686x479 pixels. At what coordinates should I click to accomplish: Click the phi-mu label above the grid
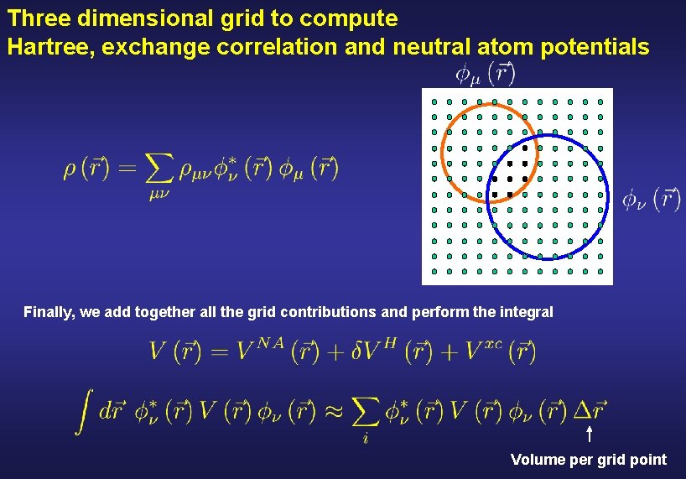coord(485,75)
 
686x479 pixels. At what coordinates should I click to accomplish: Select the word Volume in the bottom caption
coord(537,460)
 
